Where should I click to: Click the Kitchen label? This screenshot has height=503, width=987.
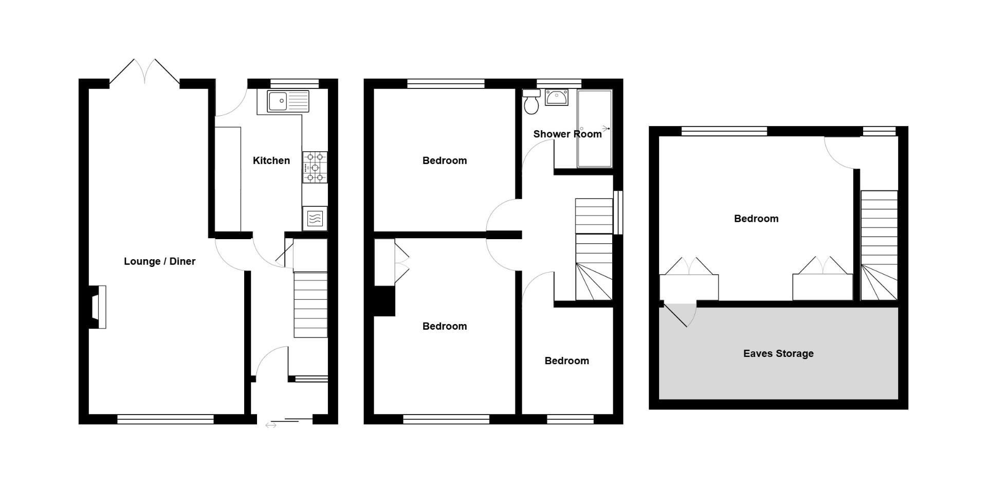271,160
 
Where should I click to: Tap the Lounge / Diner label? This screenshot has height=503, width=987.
159,261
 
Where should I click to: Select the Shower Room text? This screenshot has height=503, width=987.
567,134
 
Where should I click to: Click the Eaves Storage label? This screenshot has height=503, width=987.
778,353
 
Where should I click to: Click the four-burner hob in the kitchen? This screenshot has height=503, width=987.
315,167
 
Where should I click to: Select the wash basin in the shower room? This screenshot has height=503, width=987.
556,97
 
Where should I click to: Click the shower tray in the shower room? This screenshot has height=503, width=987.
594,129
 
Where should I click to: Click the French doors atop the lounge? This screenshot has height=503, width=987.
145,72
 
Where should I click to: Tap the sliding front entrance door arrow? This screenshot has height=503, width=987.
271,425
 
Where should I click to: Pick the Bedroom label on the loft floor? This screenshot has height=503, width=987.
756,219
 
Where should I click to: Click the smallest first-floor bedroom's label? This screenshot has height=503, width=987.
566,361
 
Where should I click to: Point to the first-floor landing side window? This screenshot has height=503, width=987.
618,212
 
